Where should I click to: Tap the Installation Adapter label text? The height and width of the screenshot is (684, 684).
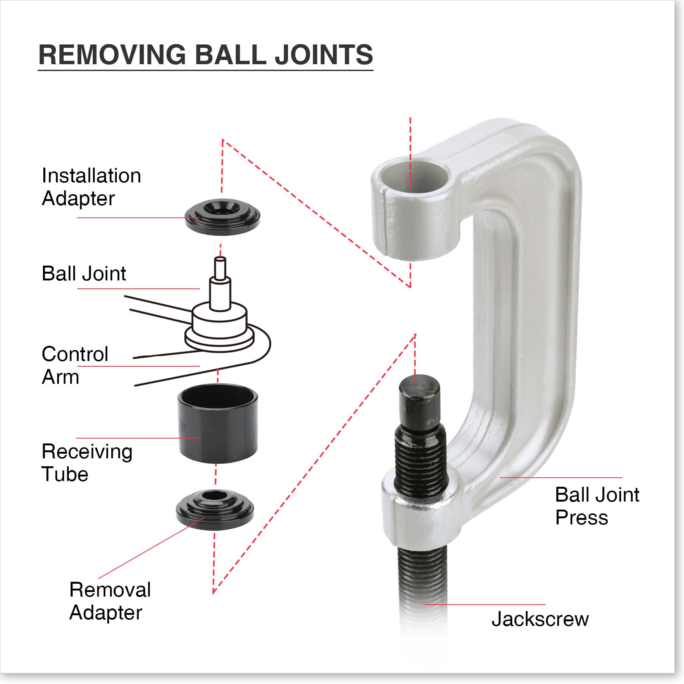tap(91, 187)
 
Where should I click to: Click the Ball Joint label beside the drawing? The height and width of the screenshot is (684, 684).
tap(84, 274)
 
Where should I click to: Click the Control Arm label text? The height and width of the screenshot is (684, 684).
tap(74, 365)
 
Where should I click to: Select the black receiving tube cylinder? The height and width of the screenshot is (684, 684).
tap(217, 426)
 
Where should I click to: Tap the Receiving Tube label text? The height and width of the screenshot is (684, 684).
tap(87, 462)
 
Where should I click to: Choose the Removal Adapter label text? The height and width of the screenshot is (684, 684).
tap(110, 601)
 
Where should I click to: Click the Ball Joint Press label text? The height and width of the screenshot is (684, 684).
tap(597, 506)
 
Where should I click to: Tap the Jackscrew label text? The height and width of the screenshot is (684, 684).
tap(540, 619)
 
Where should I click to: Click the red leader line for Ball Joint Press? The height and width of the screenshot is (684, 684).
tap(560, 477)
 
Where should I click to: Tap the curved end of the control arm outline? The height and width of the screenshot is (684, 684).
tap(268, 344)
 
